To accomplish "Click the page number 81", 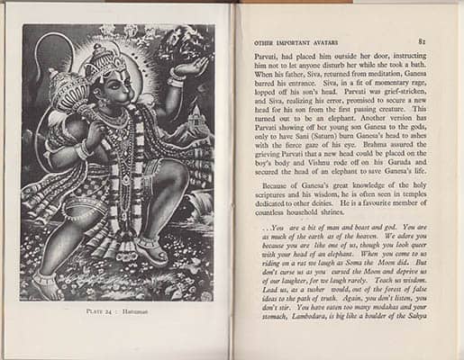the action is coord(422,40).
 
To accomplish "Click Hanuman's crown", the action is coord(106,61).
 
